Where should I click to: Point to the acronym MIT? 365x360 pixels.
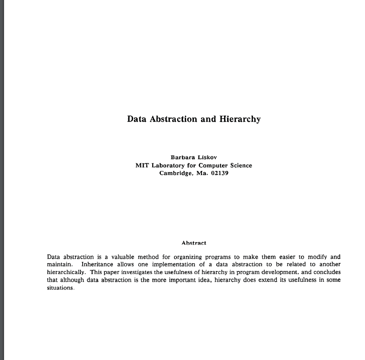(142, 166)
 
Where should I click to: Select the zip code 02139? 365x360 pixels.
(220, 174)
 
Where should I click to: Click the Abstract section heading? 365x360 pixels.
(193, 243)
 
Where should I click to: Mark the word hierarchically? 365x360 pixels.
(66, 272)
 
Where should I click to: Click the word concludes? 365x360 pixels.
(326, 272)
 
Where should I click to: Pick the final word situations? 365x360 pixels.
(61, 288)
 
